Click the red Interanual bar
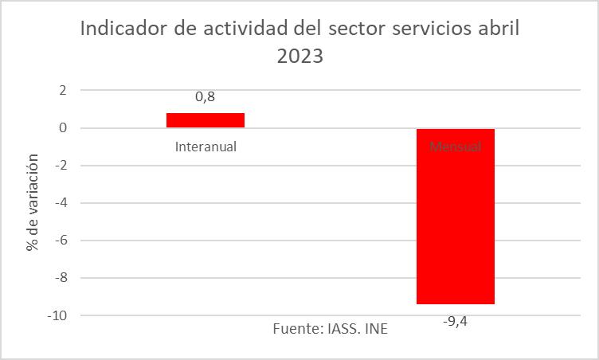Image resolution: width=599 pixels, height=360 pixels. point(206,120)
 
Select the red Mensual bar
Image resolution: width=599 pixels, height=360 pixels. point(456,216)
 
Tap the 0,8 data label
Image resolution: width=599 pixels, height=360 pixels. point(206,98)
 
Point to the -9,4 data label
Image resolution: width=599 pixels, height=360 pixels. point(456,322)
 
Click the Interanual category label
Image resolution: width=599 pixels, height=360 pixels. point(206,147)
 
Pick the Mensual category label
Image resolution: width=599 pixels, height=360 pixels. point(456,147)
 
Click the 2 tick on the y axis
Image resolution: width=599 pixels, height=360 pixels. point(62,90)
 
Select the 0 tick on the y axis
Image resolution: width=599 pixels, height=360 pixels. point(62,127)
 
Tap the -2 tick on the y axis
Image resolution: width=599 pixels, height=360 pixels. point(60,166)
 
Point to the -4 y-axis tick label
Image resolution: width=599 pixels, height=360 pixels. point(60,203)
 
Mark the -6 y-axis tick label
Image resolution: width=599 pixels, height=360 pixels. point(60,241)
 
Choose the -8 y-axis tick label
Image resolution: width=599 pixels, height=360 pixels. point(60,278)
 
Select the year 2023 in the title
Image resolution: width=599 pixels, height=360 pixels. point(299,58)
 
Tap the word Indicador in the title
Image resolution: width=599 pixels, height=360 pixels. point(125,30)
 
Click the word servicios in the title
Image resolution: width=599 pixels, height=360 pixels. point(429,30)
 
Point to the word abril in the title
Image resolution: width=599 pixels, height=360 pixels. point(498,30)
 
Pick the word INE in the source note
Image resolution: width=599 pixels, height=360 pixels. point(376,329)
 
